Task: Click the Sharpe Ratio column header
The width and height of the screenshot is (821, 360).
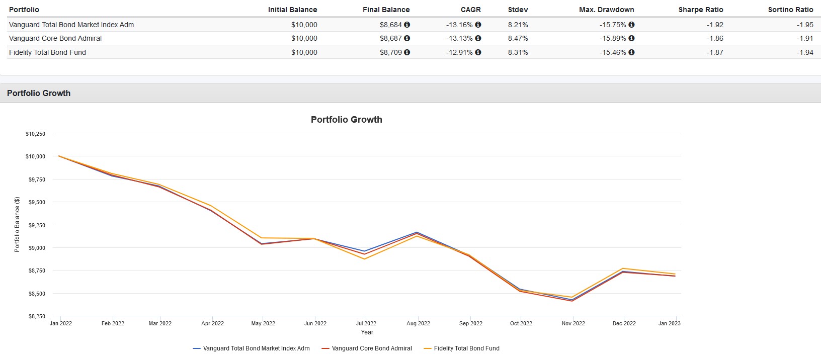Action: (700, 10)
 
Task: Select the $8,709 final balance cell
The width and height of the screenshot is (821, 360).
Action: (391, 52)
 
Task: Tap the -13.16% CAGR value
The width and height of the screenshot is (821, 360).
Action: (459, 25)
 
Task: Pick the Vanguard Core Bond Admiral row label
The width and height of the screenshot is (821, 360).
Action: (55, 38)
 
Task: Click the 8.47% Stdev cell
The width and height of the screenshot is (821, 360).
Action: (518, 38)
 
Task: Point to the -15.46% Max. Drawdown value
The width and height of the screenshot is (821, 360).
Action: (613, 52)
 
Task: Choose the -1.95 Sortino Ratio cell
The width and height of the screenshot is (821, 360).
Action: (805, 25)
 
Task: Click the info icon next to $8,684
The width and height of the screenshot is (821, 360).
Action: (407, 25)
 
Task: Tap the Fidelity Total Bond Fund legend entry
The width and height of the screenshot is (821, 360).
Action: (466, 348)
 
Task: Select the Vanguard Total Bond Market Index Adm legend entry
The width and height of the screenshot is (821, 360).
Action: (256, 348)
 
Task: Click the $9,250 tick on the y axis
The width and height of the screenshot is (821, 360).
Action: (35, 225)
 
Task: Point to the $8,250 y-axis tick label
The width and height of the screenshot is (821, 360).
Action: (35, 316)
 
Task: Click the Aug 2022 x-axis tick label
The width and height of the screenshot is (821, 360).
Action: (418, 323)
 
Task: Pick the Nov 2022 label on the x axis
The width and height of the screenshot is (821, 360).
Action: (573, 323)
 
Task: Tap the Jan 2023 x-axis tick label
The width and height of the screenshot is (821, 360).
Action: (669, 323)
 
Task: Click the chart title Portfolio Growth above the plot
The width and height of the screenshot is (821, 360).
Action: (346, 120)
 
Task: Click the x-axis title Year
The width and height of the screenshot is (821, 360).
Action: (367, 332)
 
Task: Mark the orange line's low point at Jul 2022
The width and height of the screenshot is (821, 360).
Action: (364, 259)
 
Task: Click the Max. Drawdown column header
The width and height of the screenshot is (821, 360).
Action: (606, 10)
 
